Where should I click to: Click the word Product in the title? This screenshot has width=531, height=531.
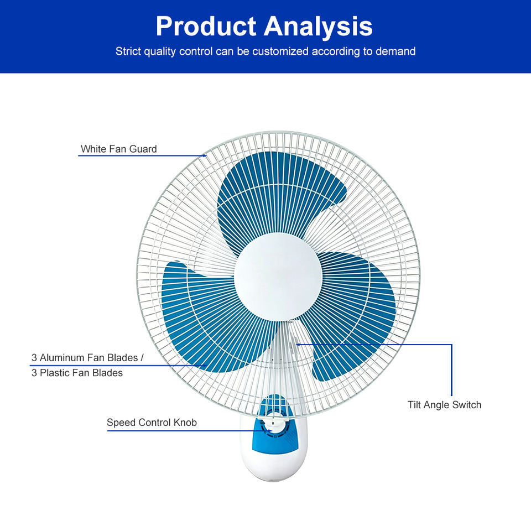tap(206, 27)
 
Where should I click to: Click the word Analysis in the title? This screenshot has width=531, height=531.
tap(318, 27)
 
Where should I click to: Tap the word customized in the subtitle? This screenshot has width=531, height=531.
tap(280, 51)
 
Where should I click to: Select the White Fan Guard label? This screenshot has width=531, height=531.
tap(118, 149)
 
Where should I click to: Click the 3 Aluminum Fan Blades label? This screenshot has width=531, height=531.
tap(87, 358)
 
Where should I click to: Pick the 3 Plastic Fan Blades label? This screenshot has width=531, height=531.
tap(77, 373)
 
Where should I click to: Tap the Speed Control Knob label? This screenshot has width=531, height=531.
tap(152, 423)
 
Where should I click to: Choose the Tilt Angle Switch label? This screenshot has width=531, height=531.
tap(444, 405)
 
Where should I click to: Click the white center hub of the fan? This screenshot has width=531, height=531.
tap(278, 277)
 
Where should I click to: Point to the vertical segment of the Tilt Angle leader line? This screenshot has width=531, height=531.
tap(451, 370)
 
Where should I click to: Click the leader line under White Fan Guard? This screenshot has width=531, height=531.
tap(142, 156)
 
